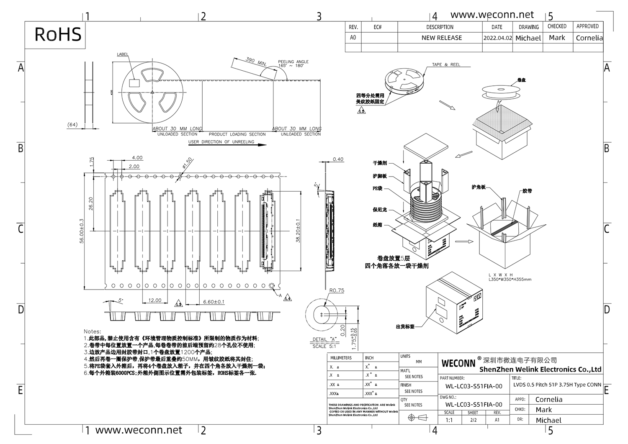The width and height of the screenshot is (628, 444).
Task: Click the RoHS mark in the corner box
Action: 58,34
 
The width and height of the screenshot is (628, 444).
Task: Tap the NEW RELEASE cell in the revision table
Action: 441,38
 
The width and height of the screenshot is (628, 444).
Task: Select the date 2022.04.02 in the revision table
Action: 497,38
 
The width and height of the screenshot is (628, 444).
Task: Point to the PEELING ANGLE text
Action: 293,62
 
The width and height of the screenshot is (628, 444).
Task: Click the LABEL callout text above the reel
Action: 123,54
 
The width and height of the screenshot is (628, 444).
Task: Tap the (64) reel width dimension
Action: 72,124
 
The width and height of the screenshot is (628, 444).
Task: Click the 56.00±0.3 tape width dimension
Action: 82,231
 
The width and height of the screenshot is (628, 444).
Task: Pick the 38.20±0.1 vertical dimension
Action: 298,232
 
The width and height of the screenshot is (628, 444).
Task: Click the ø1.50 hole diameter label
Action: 187,163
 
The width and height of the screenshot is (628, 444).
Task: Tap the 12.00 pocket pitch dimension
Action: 154,300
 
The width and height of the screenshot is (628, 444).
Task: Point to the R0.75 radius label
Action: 337,290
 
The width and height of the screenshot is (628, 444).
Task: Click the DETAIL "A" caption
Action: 325,339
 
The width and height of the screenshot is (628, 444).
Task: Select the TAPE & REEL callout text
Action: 446,65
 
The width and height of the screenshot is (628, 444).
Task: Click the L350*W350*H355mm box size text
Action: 510,279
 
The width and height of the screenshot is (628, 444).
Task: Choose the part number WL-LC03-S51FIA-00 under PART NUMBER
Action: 474,386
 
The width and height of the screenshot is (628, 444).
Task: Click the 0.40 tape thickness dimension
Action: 338,159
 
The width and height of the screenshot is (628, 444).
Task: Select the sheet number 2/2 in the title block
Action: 473,420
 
